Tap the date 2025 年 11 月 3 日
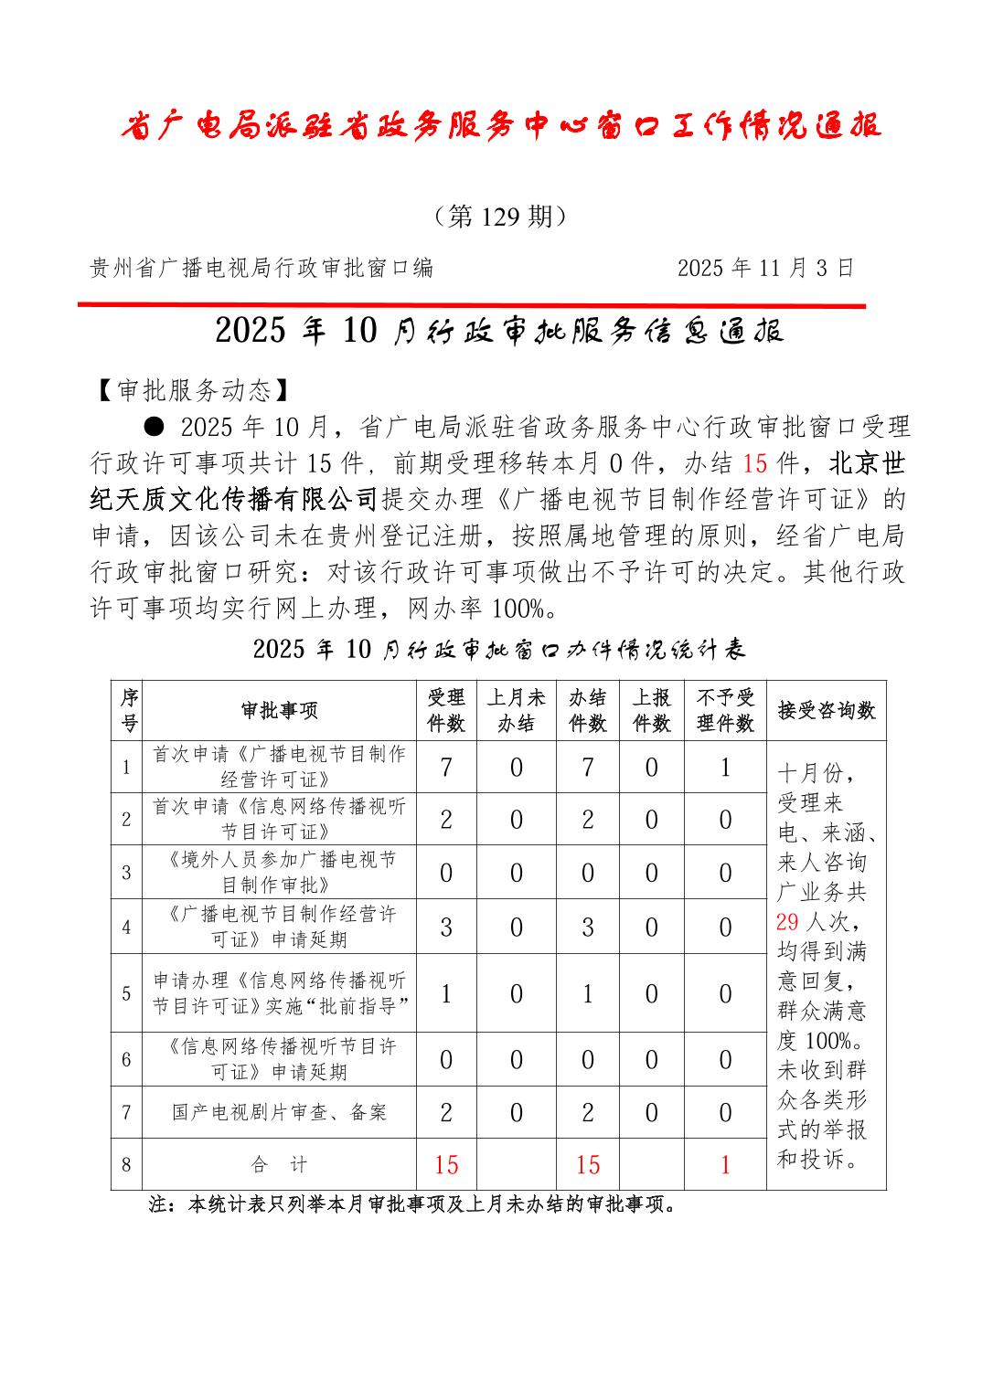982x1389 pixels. coord(765,268)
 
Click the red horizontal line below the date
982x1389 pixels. coord(471,305)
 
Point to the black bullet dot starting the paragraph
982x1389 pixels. coord(155,427)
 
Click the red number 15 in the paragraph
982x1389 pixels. coord(754,463)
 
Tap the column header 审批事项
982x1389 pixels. coord(279,711)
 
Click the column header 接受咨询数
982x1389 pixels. coord(826,711)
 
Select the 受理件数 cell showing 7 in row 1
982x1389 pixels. coord(446,767)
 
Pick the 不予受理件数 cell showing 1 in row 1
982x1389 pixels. coord(725,767)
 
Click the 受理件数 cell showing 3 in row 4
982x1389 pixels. coord(446,928)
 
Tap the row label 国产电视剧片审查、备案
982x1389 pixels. coord(279,1112)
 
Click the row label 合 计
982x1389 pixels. coord(279,1164)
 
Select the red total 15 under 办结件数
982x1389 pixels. coord(588,1164)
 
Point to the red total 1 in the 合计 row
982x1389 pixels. coord(725,1164)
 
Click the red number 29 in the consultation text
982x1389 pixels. coord(787,921)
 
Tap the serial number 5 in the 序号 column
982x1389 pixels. coord(126,993)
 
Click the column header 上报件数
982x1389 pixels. coord(651,711)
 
